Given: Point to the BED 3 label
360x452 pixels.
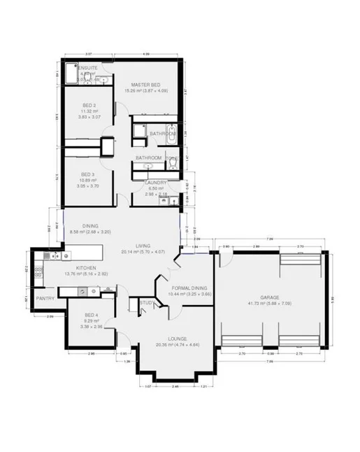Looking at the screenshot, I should click(x=87, y=174).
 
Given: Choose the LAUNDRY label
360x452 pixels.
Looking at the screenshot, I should click(x=155, y=183).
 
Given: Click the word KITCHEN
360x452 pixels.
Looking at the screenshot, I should click(x=75, y=268).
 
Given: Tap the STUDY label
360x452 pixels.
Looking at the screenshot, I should click(x=147, y=303).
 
